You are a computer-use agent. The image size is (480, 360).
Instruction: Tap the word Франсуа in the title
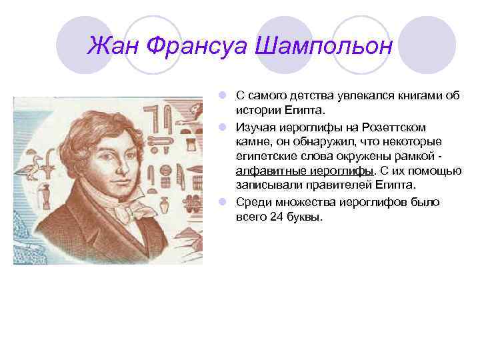coord(197,46)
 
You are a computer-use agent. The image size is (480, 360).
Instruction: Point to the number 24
coord(277,217)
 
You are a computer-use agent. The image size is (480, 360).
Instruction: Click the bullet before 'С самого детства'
coord(229,95)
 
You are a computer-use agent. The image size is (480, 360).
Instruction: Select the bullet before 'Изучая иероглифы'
coord(229,127)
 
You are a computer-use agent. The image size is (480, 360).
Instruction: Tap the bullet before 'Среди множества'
coord(229,201)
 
